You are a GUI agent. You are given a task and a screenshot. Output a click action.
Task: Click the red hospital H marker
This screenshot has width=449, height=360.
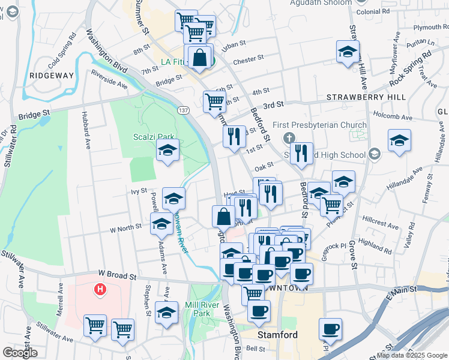pyautogui.click(x=100, y=290)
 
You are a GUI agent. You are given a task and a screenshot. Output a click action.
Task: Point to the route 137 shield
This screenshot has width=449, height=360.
pyautogui.click(x=184, y=110)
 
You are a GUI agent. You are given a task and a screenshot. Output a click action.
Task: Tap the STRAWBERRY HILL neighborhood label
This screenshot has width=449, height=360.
pyautogui.click(x=366, y=97)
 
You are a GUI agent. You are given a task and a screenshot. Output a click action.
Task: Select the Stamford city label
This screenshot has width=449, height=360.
pyautogui.click(x=277, y=335)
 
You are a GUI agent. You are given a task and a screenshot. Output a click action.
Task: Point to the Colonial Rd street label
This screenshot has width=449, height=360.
pyautogui.click(x=373, y=11)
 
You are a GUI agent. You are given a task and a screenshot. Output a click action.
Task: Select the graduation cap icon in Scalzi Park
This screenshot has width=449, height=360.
pyautogui.click(x=168, y=151)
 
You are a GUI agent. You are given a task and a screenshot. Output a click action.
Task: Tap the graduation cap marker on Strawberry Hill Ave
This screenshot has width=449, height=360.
pyautogui.click(x=348, y=52)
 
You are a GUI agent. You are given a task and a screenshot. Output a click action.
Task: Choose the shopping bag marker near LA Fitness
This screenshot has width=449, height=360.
pyautogui.click(x=200, y=58)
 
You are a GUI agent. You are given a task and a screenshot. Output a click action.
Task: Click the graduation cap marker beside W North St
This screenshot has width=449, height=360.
pyautogui.click(x=161, y=225)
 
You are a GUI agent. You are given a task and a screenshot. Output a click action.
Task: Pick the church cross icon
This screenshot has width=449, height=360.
pyautogui.click(x=291, y=136)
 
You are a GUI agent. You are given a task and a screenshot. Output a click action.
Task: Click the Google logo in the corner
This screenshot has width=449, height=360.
pyautogui.click(x=20, y=353)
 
